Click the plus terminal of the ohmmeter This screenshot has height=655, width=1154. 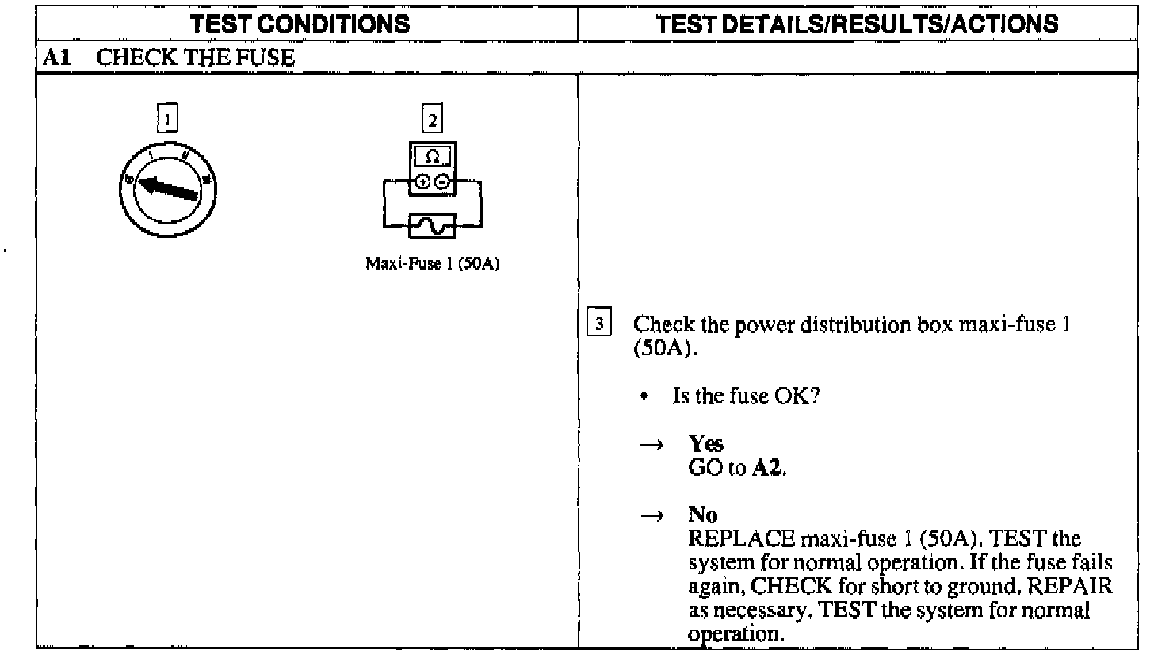(x=424, y=182)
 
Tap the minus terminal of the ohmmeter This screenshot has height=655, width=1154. (x=441, y=182)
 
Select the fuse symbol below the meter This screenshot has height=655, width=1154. (x=432, y=227)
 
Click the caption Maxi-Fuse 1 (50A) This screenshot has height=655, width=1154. (x=432, y=263)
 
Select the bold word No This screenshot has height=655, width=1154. (x=703, y=517)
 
